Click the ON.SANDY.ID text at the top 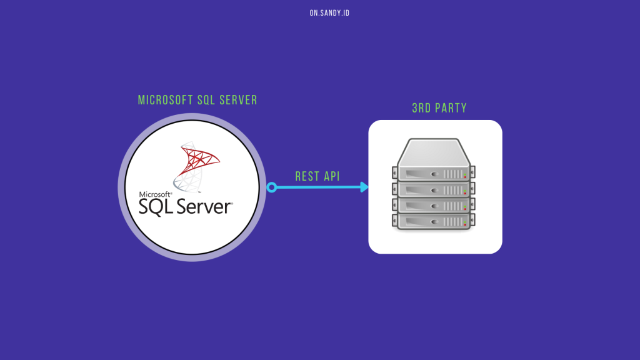coord(329,12)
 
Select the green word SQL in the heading coord(206,100)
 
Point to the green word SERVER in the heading coord(239,100)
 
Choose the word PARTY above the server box coord(451,108)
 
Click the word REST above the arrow coord(307,176)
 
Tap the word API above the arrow coord(332,176)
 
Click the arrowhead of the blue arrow coord(364,187)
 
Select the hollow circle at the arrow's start coord(271,187)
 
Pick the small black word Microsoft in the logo coord(155,194)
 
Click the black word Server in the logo coord(202,206)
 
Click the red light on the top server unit coord(464,176)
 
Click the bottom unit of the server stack coord(431,221)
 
